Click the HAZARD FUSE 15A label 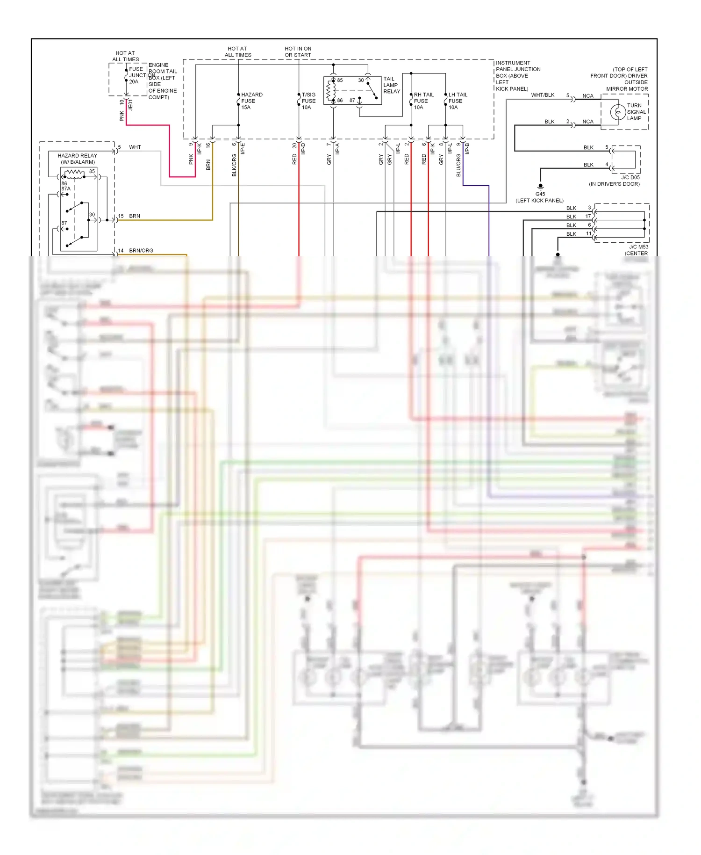click(x=251, y=101)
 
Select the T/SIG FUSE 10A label click(x=308, y=101)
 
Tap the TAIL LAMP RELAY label click(x=392, y=85)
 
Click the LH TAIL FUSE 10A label click(x=458, y=101)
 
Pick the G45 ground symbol click(x=541, y=186)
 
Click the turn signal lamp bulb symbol click(x=618, y=112)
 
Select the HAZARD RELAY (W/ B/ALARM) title click(x=78, y=159)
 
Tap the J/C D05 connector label click(x=630, y=178)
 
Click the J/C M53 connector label click(x=638, y=247)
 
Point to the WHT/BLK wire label click(x=543, y=95)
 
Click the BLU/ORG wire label click(x=458, y=165)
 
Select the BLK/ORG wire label click(x=234, y=165)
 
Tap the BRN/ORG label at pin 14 click(x=141, y=251)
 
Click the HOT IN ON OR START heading click(x=298, y=52)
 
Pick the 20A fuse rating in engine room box click(x=134, y=82)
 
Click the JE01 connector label click(x=131, y=105)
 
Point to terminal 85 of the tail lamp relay click(x=340, y=80)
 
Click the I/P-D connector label click(x=303, y=149)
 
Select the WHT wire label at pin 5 click(x=135, y=147)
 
